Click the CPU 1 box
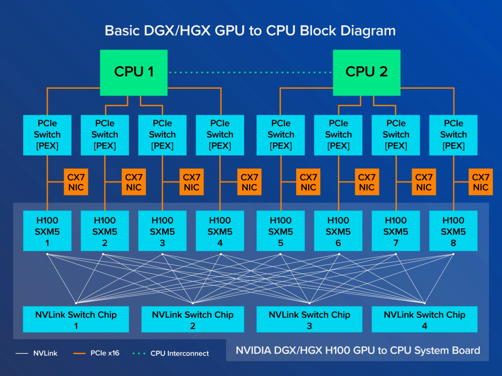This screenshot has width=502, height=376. point(134,72)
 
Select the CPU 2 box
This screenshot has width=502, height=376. point(366,72)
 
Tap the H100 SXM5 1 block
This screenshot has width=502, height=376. point(47,231)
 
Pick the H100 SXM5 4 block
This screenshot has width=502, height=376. point(220,231)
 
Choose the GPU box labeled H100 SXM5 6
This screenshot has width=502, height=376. point(338,231)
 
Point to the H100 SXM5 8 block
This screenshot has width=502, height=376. point(453,231)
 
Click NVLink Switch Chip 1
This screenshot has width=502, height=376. point(76,319)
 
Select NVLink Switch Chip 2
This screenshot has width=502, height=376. point(192,319)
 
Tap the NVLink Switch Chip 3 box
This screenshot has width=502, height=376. point(309,319)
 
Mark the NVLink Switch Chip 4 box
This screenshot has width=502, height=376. point(424,319)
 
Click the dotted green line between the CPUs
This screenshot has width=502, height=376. point(250,72)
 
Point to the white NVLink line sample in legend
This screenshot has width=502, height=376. point(22,353)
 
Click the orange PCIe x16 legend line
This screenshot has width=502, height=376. point(79,353)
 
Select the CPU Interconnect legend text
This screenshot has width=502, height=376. point(179,353)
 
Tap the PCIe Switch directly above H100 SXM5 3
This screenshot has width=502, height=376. point(162,135)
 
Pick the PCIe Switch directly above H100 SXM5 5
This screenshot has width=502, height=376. point(280,135)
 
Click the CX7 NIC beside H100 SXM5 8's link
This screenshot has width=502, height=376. point(480,182)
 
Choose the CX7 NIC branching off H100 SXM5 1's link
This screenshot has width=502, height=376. point(76,182)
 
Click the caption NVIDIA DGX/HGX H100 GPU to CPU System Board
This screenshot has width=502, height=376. point(358,350)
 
